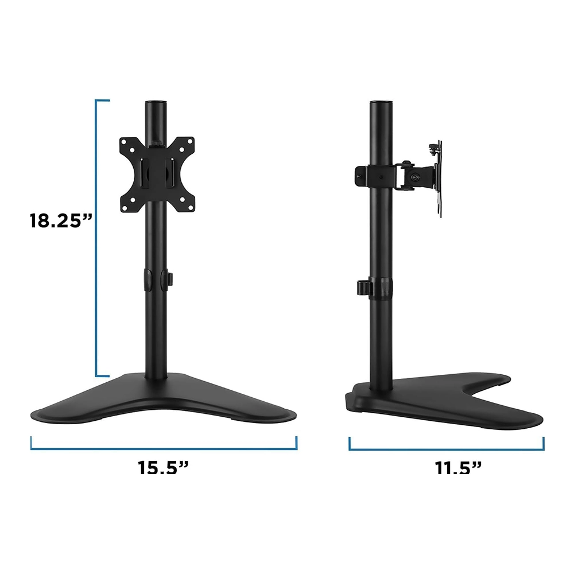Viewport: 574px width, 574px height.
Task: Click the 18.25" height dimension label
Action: coord(61,221)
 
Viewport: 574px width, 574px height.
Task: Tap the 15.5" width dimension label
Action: coord(163,467)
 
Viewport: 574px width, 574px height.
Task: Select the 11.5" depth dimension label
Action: coord(457,467)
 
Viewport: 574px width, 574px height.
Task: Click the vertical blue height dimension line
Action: coord(96,238)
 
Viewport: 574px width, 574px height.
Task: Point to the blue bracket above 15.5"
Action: coord(164,448)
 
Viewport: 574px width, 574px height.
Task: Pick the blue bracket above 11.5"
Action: coord(446,449)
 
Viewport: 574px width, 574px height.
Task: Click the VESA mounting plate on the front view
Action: coord(157,174)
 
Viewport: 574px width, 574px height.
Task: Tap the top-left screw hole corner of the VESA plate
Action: coord(124,141)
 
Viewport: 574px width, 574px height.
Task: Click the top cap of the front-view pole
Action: coord(156,103)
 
